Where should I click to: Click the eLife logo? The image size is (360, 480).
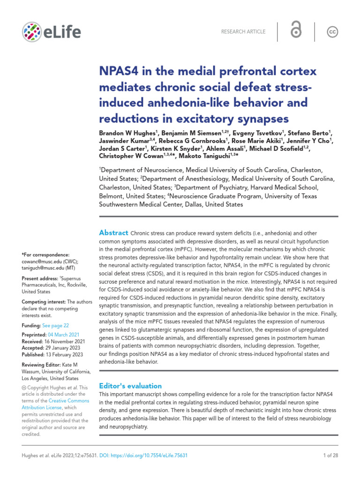[x=51, y=32]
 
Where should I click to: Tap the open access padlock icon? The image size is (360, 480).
[x=296, y=31]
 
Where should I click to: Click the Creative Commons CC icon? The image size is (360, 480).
[x=332, y=32]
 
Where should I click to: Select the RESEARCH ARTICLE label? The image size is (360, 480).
[x=244, y=32]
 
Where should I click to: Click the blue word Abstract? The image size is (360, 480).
[x=113, y=233]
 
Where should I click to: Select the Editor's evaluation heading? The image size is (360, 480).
[x=130, y=386]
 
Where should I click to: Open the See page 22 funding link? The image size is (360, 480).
[x=55, y=325]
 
